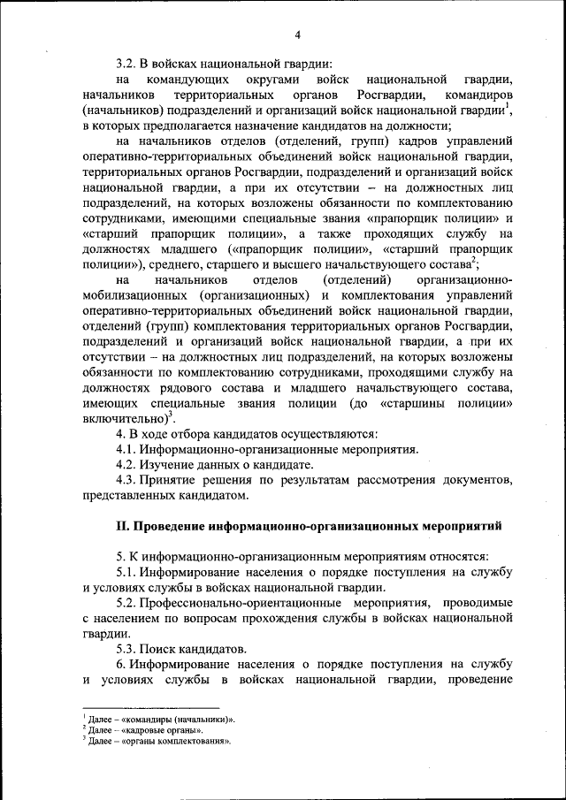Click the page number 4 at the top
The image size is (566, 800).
click(298, 34)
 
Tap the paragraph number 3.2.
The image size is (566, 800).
click(127, 63)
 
